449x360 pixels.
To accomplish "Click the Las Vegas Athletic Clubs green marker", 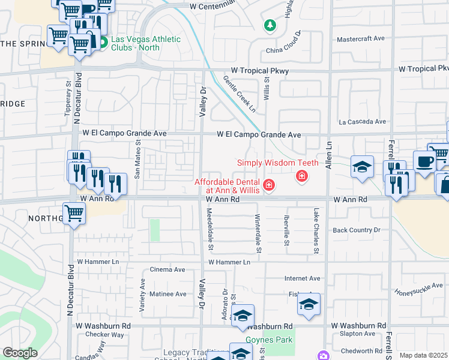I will (x=103, y=43).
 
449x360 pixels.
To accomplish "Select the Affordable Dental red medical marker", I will (x=270, y=185).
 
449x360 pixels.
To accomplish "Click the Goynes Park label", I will (x=278, y=340).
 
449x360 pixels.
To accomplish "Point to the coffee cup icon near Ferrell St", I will (x=424, y=162).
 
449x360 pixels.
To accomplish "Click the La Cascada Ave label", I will (x=362, y=121).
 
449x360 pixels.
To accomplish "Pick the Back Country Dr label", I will (x=357, y=230).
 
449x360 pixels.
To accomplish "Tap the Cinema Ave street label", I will (x=167, y=269).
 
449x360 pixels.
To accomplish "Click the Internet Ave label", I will (x=303, y=278).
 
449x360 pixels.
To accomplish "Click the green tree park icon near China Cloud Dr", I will (x=270, y=25).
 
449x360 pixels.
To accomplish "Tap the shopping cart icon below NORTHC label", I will (x=74, y=212).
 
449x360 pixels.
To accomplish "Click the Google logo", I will (x=20, y=353).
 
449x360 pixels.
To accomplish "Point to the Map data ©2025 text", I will (x=423, y=355).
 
